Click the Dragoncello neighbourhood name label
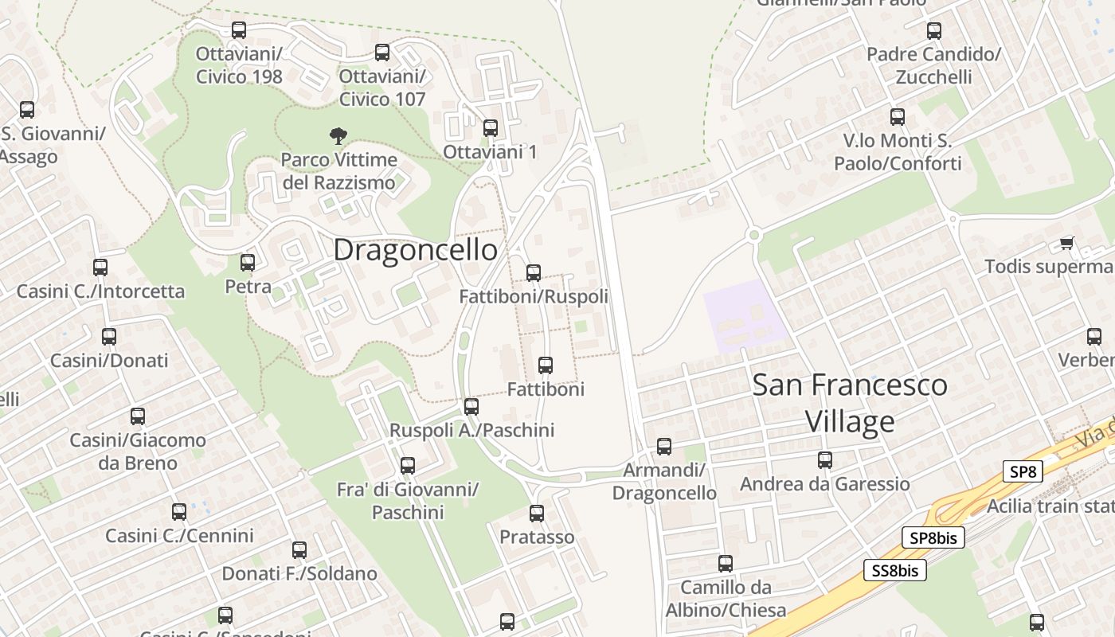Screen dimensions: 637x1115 [415, 249]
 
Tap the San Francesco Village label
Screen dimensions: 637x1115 [850, 403]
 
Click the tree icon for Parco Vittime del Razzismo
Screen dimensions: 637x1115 [338, 136]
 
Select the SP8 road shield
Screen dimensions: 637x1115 [1023, 471]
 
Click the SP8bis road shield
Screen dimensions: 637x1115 [933, 537]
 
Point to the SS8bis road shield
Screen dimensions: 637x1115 [895, 570]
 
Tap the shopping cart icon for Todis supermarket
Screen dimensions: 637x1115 [1066, 243]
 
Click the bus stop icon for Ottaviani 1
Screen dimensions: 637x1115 [491, 127]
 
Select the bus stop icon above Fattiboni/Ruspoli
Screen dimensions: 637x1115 [534, 273]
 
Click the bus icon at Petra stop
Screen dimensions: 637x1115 [248, 262]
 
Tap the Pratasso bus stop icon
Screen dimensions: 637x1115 [537, 514]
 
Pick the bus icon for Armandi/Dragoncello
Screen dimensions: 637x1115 [664, 447]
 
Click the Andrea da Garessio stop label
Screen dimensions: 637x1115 [824, 484]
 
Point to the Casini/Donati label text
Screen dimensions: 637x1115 [109, 361]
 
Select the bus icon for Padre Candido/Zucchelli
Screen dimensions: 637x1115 [934, 31]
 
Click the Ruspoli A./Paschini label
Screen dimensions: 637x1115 [471, 430]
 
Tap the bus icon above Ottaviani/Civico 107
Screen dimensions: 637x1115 [382, 53]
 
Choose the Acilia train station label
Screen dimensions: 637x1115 [1050, 506]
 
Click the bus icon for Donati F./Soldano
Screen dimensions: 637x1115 [299, 550]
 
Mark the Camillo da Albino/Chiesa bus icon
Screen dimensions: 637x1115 [726, 564]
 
